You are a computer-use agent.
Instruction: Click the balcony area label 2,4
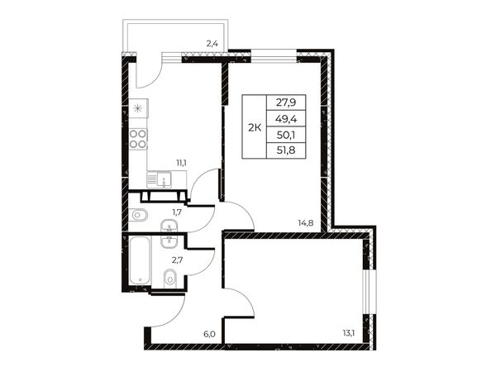212,43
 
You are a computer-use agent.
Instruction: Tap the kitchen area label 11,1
181,163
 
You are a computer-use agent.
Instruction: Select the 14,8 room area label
305,222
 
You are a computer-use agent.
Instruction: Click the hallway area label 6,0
209,334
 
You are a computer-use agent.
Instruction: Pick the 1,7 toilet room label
177,212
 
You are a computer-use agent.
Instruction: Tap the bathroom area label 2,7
177,260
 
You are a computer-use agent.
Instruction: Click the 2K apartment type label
255,128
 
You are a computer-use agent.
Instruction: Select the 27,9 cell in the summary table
286,103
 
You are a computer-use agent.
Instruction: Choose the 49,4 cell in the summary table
286,118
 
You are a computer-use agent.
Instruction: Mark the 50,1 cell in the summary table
286,135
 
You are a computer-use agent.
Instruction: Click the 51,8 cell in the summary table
286,150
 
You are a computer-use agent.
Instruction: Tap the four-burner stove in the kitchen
138,139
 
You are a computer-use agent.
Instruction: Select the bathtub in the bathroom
141,260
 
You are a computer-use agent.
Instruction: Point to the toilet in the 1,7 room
138,216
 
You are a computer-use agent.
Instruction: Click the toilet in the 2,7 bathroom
170,279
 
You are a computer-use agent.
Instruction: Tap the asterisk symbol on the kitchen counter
137,109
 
